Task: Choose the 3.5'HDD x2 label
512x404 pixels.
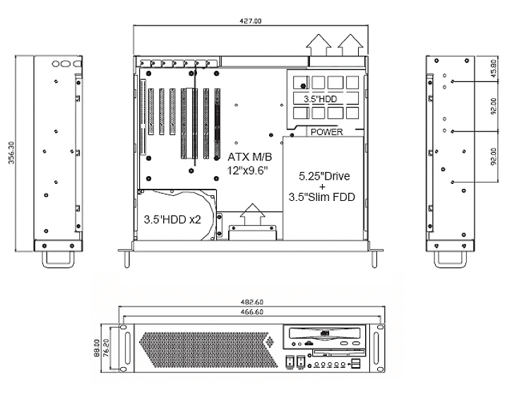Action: (x=173, y=219)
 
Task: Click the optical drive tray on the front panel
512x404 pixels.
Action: (x=326, y=333)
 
